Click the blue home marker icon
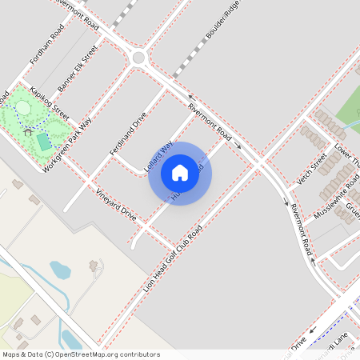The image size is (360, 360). tap(180, 173)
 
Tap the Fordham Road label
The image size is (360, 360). tap(46, 45)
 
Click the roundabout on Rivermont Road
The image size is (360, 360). tap(138, 58)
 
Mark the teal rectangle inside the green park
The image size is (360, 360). tap(43, 142)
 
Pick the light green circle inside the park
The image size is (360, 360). tap(22, 107)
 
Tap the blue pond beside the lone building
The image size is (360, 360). tap(60, 270)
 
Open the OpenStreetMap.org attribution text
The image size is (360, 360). tap(81, 354)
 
